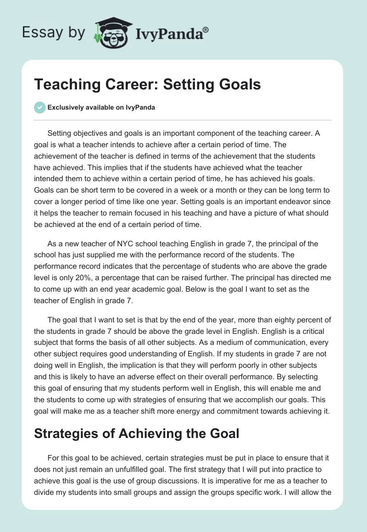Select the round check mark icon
(x=39, y=107)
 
